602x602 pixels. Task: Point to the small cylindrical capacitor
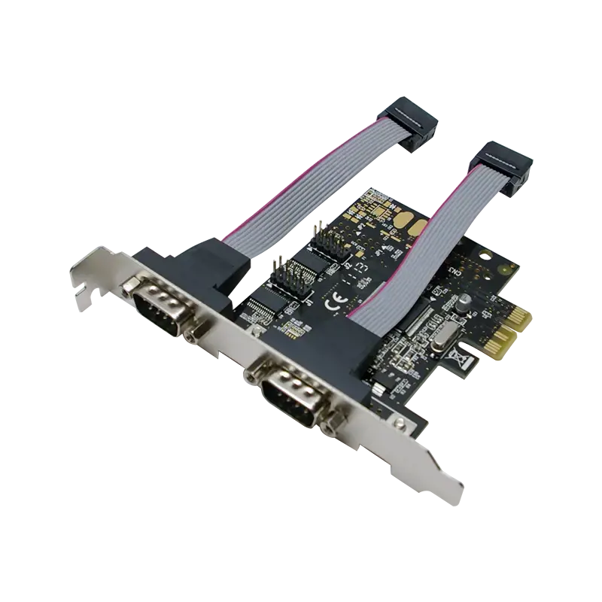pyautogui.click(x=465, y=299)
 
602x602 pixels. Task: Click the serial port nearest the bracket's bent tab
pyautogui.click(x=162, y=306)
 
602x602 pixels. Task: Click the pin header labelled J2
pyautogui.click(x=329, y=243)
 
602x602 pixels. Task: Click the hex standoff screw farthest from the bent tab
pyautogui.click(x=328, y=427)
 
